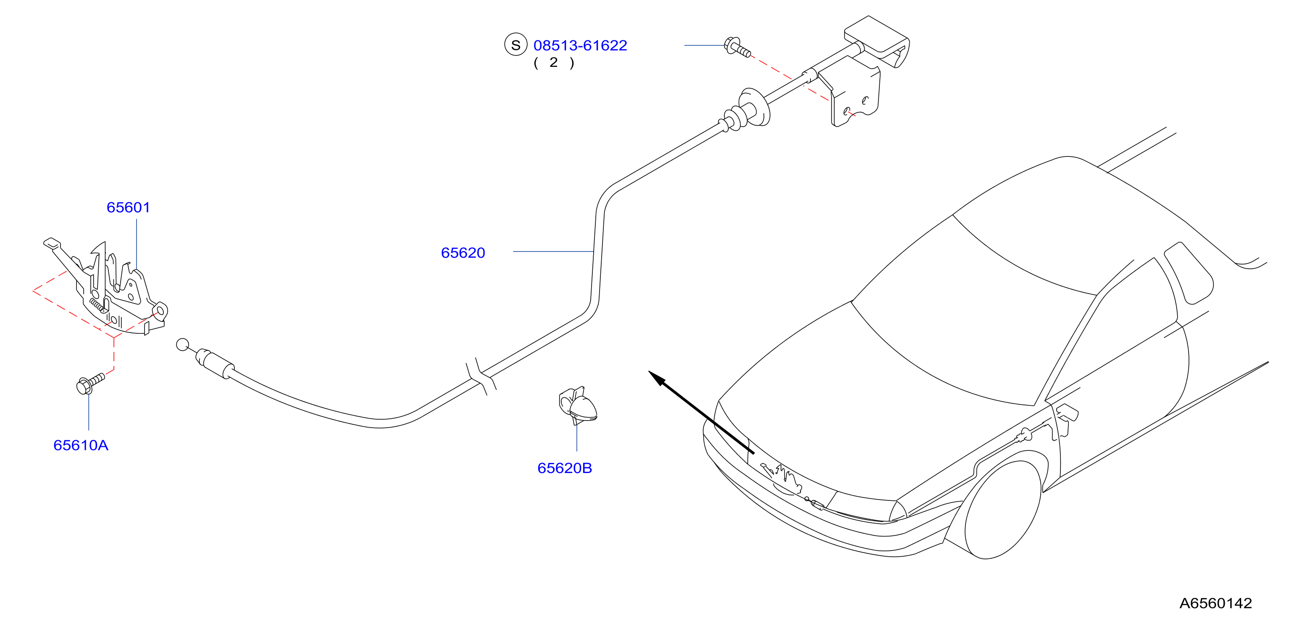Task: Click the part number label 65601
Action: tap(129, 207)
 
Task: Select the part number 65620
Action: tap(463, 253)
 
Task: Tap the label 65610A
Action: tap(81, 445)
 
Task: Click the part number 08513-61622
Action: tap(580, 45)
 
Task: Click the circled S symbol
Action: tap(516, 45)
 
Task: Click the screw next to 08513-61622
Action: tap(737, 47)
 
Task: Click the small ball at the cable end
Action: tap(182, 345)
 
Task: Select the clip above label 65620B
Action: tap(578, 405)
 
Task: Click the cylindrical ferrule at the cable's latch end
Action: tap(215, 362)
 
